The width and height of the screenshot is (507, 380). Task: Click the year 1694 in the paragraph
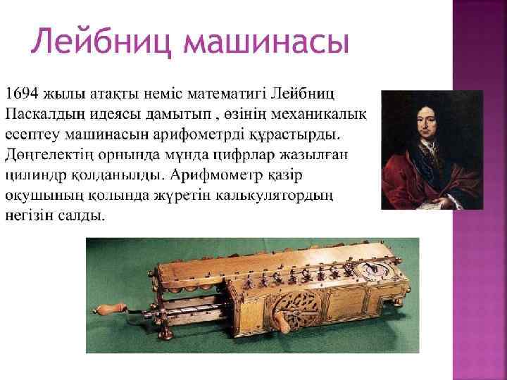pyautogui.click(x=23, y=93)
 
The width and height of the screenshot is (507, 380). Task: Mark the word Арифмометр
pyautogui.click(x=229, y=174)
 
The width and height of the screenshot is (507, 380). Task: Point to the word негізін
pyautogui.click(x=28, y=215)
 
